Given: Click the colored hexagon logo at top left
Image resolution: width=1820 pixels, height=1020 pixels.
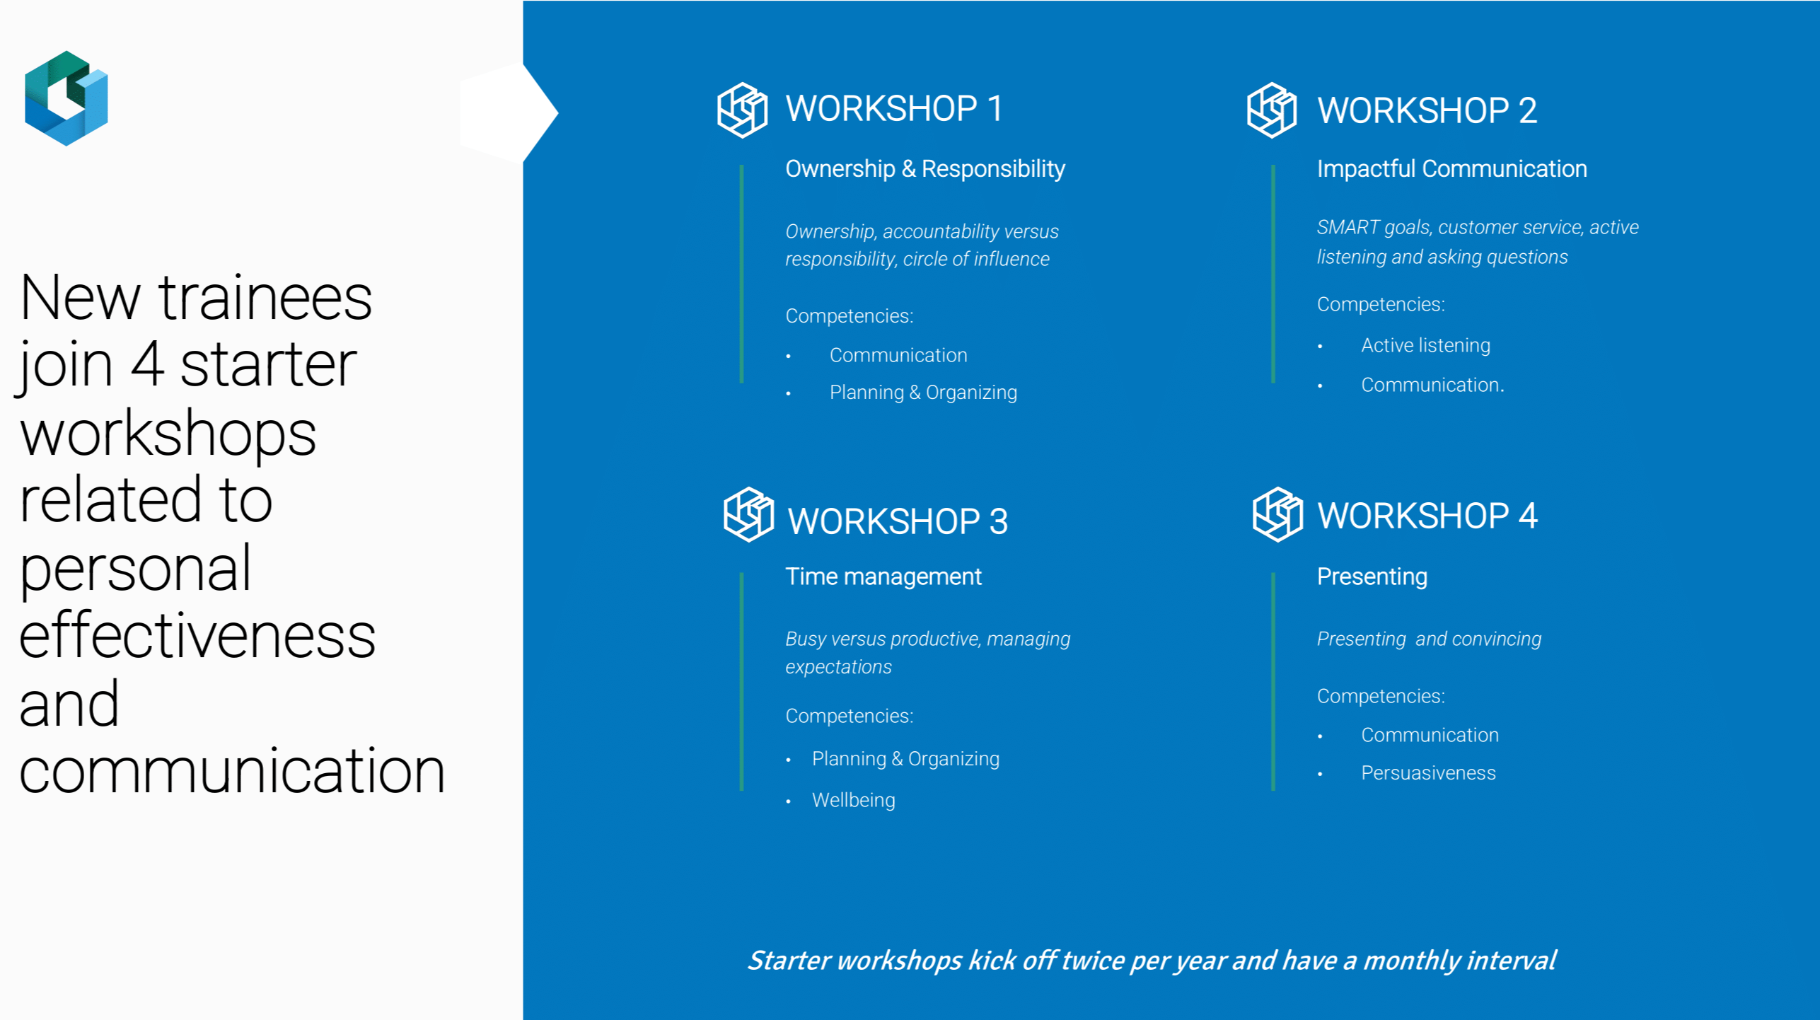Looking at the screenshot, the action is [x=66, y=98].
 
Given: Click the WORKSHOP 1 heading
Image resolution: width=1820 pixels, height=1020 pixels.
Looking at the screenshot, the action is [x=894, y=109].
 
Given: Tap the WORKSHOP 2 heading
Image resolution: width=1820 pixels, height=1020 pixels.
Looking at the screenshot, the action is [x=1427, y=111].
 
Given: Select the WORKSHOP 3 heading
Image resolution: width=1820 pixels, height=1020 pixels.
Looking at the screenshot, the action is [x=898, y=521].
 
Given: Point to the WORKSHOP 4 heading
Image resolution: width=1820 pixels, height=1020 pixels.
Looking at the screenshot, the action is [x=1427, y=516].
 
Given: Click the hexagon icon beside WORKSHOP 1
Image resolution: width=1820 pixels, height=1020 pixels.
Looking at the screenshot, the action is [x=742, y=110].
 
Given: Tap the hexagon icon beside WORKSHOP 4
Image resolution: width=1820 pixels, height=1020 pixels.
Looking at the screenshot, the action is [x=1277, y=514].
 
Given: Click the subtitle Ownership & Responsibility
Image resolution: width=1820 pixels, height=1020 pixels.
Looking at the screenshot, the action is [x=925, y=168].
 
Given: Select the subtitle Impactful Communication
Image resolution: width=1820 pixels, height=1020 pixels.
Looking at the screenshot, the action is [x=1452, y=168].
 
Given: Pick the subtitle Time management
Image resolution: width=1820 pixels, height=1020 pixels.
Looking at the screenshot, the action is [x=883, y=576].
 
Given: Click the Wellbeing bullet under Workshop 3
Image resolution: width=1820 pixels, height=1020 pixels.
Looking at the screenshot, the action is [x=854, y=800].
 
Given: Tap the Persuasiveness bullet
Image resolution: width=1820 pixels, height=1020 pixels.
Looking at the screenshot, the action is [x=1428, y=772].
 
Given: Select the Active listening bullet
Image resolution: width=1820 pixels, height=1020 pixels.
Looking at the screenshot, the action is [x=1425, y=345].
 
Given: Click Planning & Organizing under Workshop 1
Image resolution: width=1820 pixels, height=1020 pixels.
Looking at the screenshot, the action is [x=923, y=393].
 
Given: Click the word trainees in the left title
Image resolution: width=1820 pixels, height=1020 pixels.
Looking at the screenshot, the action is [x=265, y=298].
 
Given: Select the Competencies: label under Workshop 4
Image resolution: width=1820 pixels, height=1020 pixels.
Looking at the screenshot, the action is [x=1381, y=696].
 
